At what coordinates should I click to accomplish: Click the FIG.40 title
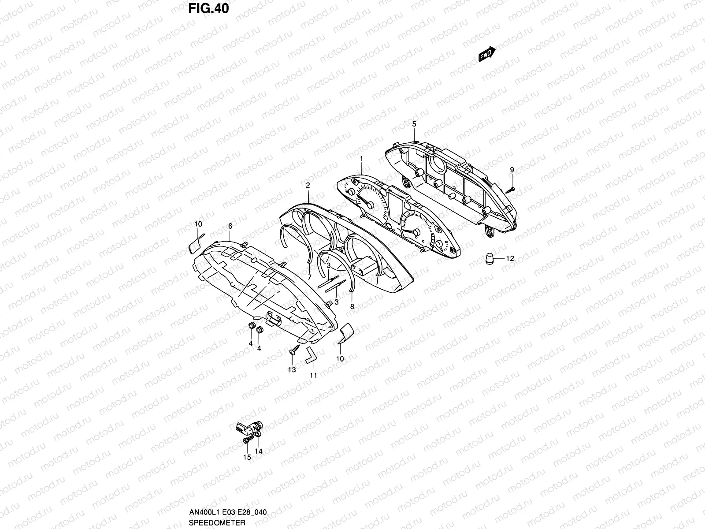208,8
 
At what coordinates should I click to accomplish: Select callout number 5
414,124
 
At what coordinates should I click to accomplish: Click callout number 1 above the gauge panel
361,158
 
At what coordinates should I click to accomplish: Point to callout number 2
308,185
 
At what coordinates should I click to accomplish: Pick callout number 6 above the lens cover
230,226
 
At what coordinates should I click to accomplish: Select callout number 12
510,259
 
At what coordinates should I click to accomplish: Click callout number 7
310,277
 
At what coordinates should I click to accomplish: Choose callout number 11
313,375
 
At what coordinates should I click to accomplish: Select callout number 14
258,451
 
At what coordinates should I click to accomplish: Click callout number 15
247,458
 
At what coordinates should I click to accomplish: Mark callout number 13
292,369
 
